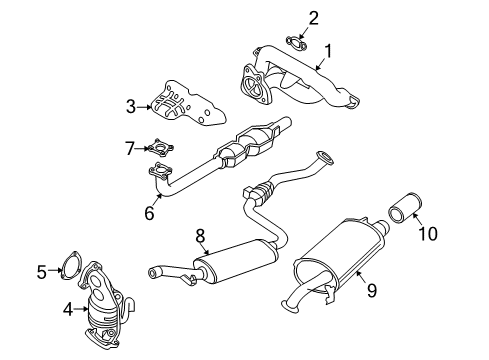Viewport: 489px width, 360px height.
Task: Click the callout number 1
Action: coord(328,52)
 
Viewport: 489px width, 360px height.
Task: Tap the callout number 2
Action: coord(313,19)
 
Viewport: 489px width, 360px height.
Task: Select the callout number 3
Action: coord(131,107)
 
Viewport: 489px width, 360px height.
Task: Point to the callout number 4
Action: coord(68,310)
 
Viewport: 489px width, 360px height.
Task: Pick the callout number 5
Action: coord(42,272)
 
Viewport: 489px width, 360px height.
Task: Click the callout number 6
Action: coord(149,212)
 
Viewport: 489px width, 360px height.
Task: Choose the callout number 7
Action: coord(130,148)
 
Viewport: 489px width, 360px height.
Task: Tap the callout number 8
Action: coord(200,236)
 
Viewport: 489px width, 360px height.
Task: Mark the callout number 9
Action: coord(372,290)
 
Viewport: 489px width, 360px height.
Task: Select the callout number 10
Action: coord(428,233)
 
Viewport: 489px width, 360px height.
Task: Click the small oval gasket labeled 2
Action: coord(296,44)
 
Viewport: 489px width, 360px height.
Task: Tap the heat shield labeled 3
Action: coord(189,104)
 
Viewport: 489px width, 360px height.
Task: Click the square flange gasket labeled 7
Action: coord(161,147)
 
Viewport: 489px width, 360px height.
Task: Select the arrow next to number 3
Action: coord(145,107)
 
